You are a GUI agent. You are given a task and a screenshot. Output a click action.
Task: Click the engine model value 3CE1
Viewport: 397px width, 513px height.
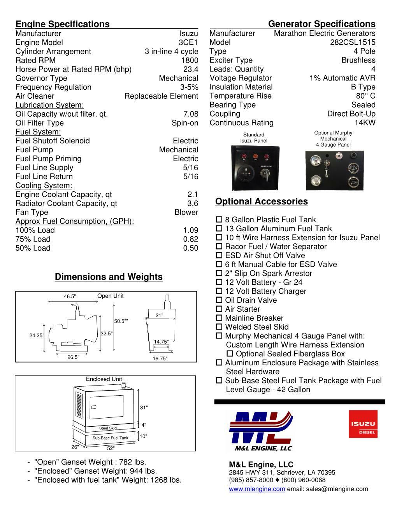click(x=188, y=42)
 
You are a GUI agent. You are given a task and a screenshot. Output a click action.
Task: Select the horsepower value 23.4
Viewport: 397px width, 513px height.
click(x=191, y=69)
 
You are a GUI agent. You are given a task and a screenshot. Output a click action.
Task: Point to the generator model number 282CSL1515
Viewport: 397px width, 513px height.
click(x=353, y=42)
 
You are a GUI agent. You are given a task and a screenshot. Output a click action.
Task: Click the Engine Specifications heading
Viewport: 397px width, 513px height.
click(x=63, y=24)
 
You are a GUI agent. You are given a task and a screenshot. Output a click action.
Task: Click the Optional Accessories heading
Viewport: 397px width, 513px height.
click(x=261, y=201)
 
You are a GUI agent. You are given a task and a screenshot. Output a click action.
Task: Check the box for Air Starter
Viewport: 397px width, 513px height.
click(x=219, y=309)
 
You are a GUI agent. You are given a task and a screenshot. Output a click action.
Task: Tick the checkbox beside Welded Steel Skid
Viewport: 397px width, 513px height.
click(x=219, y=327)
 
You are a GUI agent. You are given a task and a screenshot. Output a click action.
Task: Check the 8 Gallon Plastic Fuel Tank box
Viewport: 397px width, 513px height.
click(x=219, y=220)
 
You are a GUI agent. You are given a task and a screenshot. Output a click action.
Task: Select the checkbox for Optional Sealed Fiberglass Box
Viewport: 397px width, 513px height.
click(x=230, y=354)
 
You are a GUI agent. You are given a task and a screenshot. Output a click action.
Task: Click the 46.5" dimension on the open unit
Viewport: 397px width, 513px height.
click(x=70, y=297)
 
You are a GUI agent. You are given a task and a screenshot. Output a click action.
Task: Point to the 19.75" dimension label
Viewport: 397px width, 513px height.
click(x=160, y=359)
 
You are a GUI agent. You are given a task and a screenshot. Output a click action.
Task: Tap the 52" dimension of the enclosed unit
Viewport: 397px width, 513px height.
click(x=111, y=448)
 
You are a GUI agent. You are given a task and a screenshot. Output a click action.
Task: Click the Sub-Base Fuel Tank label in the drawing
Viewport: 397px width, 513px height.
click(x=110, y=438)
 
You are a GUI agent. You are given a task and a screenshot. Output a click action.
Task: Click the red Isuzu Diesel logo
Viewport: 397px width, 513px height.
click(x=363, y=424)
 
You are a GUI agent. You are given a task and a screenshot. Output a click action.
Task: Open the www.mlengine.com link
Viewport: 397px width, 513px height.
click(x=257, y=489)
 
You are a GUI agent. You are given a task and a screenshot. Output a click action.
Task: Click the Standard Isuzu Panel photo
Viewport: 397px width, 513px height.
click(x=255, y=168)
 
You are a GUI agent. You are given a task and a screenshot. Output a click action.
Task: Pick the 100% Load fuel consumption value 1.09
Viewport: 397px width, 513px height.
click(x=191, y=230)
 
